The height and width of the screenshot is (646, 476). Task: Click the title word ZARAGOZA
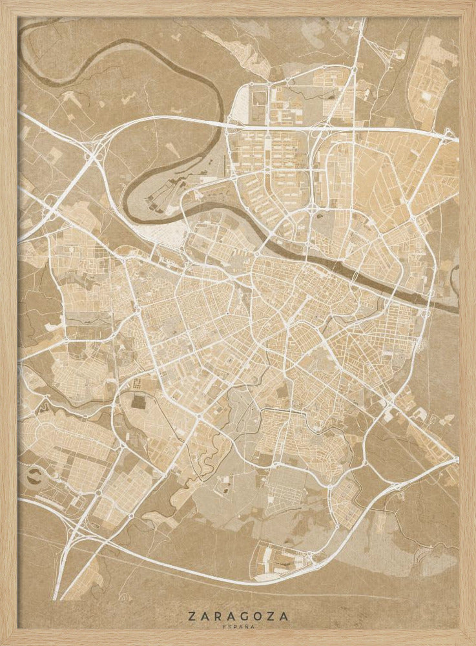click(239, 617)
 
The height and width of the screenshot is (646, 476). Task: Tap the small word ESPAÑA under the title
click(239, 627)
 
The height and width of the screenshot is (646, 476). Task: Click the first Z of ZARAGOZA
click(192, 617)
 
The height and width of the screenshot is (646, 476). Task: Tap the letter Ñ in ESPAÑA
click(247, 627)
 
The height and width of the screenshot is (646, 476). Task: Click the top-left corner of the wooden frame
click(3, 3)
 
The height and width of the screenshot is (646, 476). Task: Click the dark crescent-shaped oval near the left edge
click(33, 479)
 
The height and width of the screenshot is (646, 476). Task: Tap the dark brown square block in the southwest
click(139, 401)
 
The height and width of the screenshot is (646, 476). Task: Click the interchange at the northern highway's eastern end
click(448, 134)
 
